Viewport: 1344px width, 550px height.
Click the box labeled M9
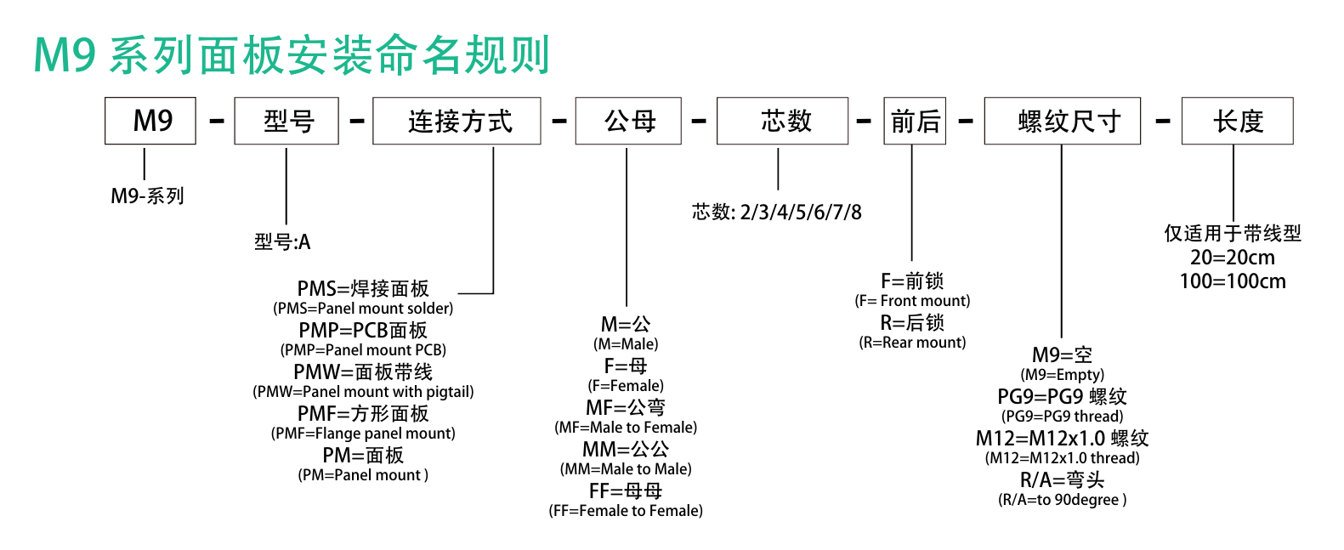[x=150, y=121]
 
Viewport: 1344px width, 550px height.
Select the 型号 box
[x=286, y=121]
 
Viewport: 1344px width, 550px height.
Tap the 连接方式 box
[x=457, y=121]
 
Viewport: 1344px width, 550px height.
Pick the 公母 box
[x=628, y=121]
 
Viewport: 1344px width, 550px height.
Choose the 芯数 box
[x=782, y=121]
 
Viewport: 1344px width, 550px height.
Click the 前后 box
[x=915, y=121]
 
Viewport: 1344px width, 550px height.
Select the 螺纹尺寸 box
[x=1062, y=121]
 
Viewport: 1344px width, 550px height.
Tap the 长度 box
[x=1237, y=121]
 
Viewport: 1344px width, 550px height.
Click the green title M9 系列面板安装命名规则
[x=292, y=55]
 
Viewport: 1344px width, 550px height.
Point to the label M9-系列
[x=147, y=196]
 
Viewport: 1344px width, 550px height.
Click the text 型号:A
[x=282, y=241]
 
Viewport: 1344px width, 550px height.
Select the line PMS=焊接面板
[x=363, y=288]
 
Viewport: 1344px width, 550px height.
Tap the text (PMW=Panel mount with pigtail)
[x=363, y=392]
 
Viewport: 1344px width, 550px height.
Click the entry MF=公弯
[x=626, y=408]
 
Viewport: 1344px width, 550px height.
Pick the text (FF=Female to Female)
[x=626, y=511]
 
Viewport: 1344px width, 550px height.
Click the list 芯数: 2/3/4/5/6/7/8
[x=776, y=212]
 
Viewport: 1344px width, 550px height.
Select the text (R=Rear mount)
[x=913, y=343]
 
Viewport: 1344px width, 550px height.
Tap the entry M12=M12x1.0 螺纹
[x=1062, y=438]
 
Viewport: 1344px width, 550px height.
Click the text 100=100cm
[x=1233, y=281]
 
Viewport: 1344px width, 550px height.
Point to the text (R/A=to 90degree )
[x=1062, y=500]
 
